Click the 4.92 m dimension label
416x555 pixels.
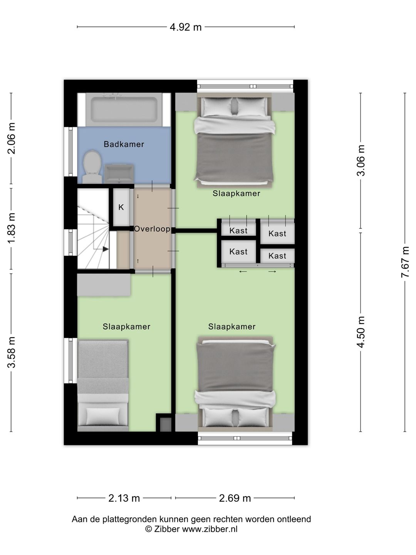coord(186,27)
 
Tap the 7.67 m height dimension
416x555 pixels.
coord(405,262)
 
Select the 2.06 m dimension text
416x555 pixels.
coord(12,138)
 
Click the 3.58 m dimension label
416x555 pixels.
coord(12,352)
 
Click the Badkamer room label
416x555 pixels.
coord(124,144)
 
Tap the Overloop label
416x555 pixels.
coord(152,229)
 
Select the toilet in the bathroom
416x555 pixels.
coord(92,167)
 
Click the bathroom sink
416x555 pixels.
coord(119,174)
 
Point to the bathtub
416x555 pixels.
coord(124,109)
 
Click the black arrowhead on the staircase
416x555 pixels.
coord(106,249)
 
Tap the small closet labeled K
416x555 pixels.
coord(121,207)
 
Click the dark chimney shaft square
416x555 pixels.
coord(166,424)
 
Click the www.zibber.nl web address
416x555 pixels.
coord(210,529)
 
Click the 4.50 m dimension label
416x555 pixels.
coord(361,332)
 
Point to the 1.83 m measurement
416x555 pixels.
coord(12,229)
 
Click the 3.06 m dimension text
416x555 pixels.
coord(361,160)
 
